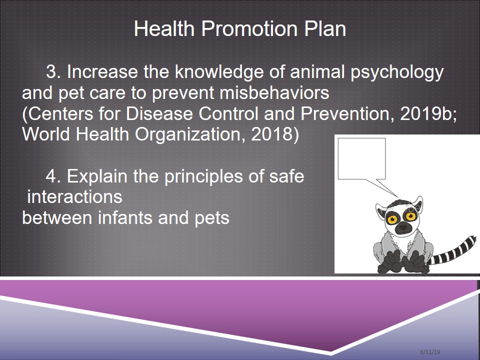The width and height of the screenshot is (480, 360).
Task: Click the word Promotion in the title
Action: coord(249,29)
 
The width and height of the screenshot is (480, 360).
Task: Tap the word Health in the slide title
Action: coord(164,28)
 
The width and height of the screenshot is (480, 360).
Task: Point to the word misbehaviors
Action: coord(274,92)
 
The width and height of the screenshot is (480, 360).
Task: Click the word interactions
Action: coord(74,197)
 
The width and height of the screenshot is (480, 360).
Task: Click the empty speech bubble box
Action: coord(361,158)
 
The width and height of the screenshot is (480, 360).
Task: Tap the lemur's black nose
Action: coord(403,227)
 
